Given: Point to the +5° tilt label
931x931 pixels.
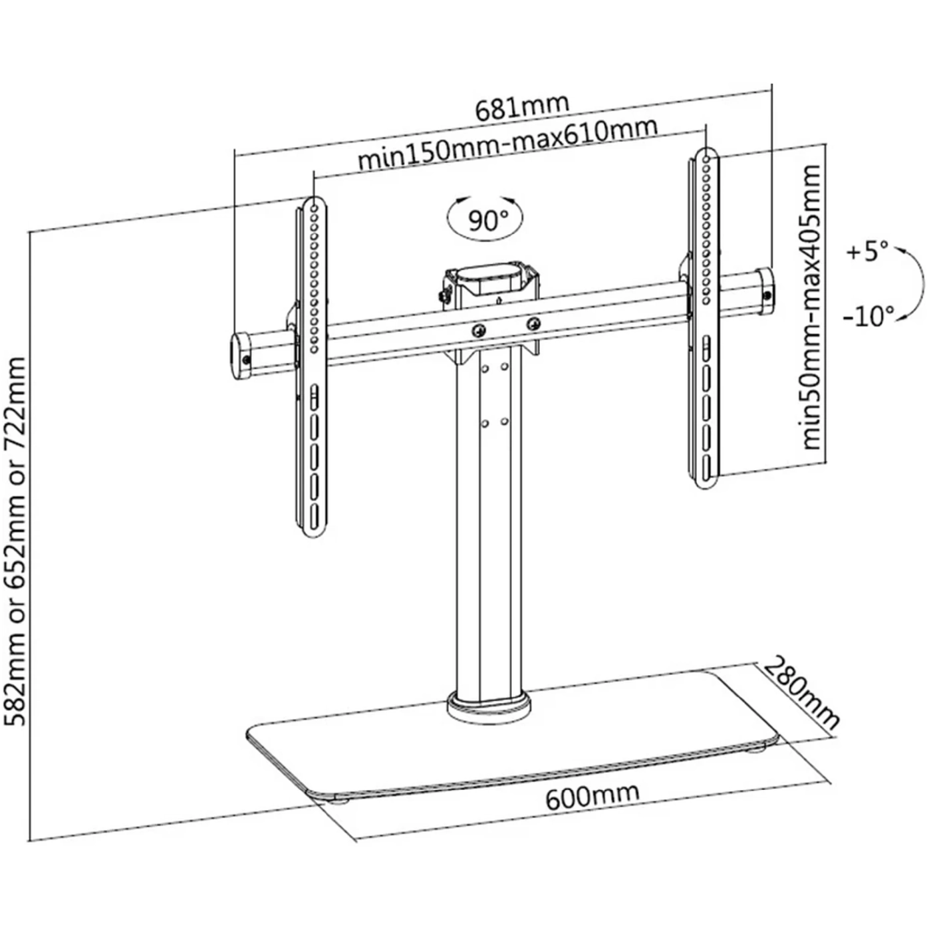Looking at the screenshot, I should point(867,253).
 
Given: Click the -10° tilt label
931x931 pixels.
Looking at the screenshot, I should point(868,317).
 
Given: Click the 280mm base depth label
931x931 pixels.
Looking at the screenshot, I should point(801,692).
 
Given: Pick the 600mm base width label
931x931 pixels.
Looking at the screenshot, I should point(593,795).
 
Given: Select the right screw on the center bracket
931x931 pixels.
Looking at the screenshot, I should point(532,324).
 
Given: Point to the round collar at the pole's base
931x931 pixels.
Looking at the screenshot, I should point(490,706).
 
